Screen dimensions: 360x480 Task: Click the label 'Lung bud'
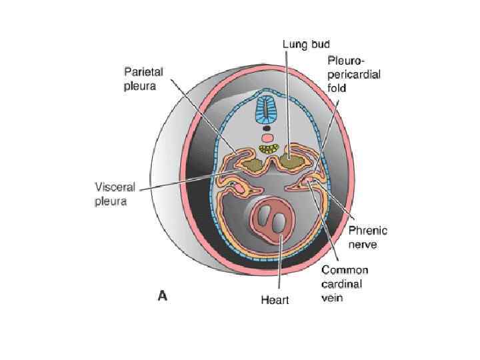coord(305,44)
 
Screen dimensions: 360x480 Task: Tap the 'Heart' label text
coord(275,300)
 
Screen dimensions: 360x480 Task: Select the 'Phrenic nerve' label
coord(368,238)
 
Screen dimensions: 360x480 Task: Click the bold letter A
coord(162,295)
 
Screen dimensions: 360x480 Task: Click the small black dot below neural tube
coord(267,128)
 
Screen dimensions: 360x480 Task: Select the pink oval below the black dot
coord(267,137)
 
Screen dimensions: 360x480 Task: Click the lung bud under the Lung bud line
coord(290,160)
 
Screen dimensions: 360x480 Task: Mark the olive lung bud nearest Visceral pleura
coord(251,163)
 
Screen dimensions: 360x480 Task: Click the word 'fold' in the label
coord(336,87)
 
